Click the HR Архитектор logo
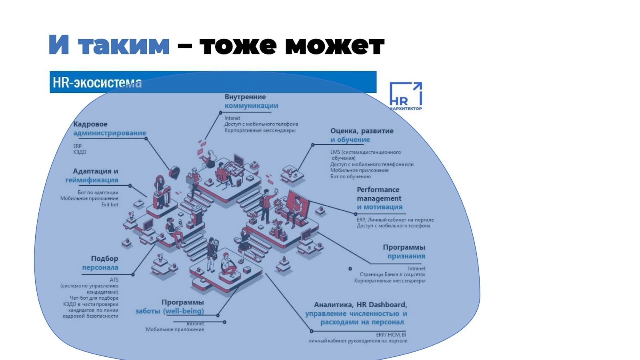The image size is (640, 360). [x=406, y=96]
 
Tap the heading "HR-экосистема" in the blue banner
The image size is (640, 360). [x=97, y=82]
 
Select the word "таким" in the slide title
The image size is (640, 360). [x=124, y=45]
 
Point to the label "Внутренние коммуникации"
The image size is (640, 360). [x=251, y=101]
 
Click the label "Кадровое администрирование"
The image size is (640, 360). [x=109, y=128]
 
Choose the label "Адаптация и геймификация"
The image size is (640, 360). [x=92, y=176]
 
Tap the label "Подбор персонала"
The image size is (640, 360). [x=100, y=263]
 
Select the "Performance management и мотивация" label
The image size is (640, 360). [x=379, y=198]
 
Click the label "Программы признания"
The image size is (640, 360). [x=405, y=252]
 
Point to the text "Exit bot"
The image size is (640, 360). [x=110, y=204]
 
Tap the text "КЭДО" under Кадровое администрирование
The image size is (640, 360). [x=80, y=152]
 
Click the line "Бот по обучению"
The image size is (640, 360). [x=350, y=176]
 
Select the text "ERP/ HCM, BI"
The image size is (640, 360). [x=391, y=335]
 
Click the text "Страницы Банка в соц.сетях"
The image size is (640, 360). [x=392, y=274]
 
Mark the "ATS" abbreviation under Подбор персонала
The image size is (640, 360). [x=114, y=280]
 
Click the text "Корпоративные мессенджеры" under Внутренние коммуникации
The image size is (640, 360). [x=260, y=130]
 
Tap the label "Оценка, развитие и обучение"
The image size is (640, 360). [x=361, y=135]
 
